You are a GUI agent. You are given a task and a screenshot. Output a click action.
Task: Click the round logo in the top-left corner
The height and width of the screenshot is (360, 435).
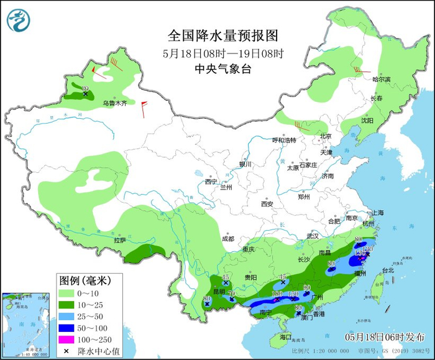[x=18, y=21]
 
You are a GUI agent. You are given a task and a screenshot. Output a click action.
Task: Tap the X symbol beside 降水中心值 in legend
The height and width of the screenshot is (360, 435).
[x=66, y=351]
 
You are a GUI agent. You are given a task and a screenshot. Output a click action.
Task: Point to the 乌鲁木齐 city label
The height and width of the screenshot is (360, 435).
[x=114, y=103]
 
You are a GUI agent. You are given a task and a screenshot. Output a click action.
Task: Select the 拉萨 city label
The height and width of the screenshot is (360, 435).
[x=119, y=240]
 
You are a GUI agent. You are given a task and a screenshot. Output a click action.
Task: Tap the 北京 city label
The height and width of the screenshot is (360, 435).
[x=326, y=136]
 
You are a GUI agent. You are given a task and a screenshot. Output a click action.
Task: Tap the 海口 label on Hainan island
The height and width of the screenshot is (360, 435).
[x=285, y=336]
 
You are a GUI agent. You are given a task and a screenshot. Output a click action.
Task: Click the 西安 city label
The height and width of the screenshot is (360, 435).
[x=267, y=203]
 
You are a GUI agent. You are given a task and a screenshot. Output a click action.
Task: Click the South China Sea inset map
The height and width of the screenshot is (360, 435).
[x=26, y=324]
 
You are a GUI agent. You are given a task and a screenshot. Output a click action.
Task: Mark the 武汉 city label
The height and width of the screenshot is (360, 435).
[x=312, y=236]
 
